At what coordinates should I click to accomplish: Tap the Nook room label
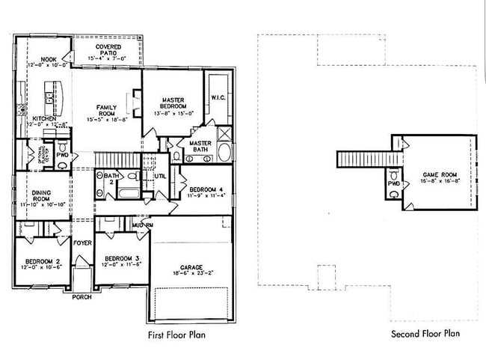(x=48, y=60)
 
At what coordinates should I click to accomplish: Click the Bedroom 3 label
(x=120, y=260)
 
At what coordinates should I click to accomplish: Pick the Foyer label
(x=81, y=242)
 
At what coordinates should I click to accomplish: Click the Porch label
(x=81, y=297)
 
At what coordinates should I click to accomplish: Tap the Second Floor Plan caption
(x=425, y=334)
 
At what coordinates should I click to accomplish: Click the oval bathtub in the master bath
(x=224, y=153)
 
